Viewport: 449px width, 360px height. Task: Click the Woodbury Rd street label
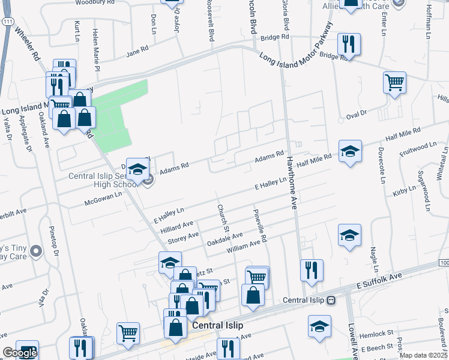click(x=95, y=2)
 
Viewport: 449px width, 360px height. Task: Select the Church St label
click(x=223, y=217)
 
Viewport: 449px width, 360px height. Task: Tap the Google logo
click(x=20, y=353)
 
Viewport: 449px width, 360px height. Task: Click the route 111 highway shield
click(x=6, y=22)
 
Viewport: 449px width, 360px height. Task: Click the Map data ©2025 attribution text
click(x=423, y=355)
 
